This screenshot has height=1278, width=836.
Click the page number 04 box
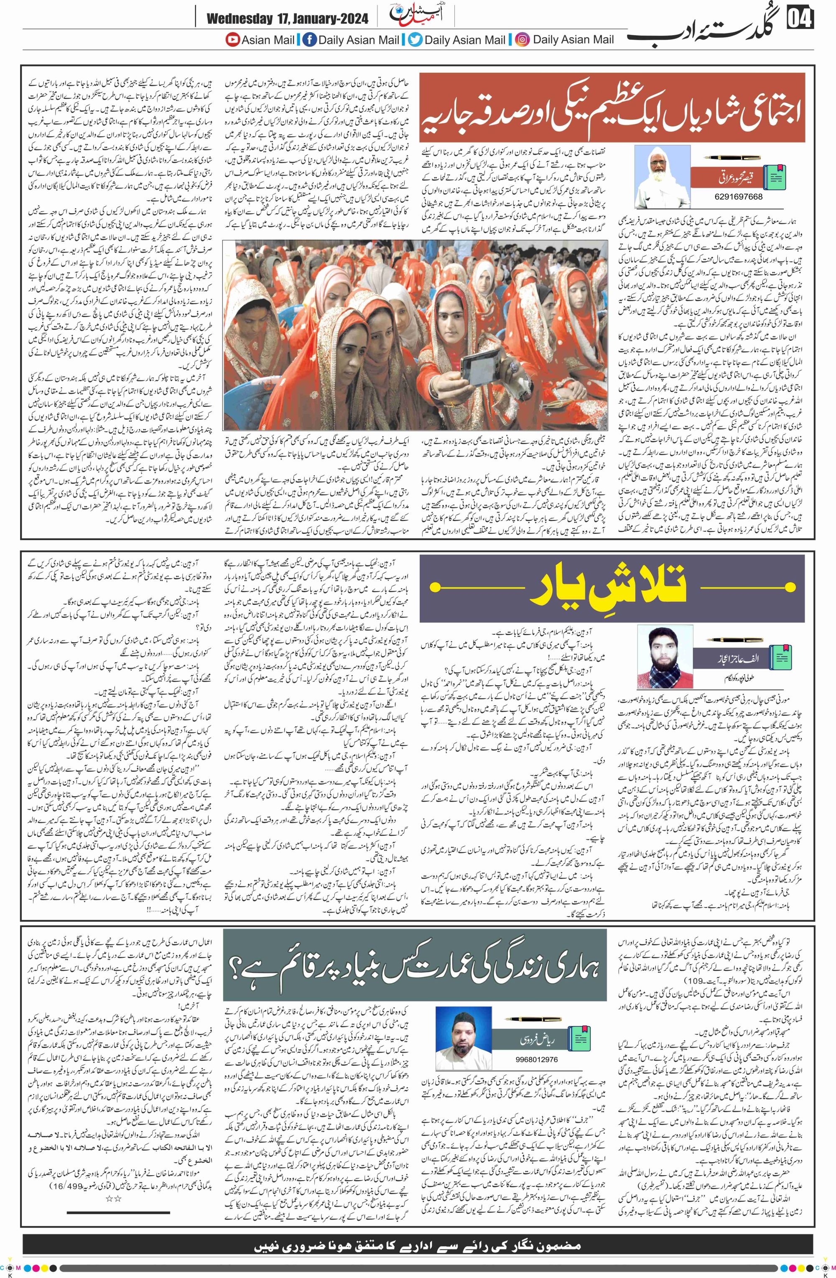point(800,19)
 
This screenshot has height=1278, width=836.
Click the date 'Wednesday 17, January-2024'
point(287,19)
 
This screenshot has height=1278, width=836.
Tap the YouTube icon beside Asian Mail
point(232,40)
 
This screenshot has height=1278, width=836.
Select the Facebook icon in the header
point(310,40)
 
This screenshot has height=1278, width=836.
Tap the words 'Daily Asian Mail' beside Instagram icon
point(573,40)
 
